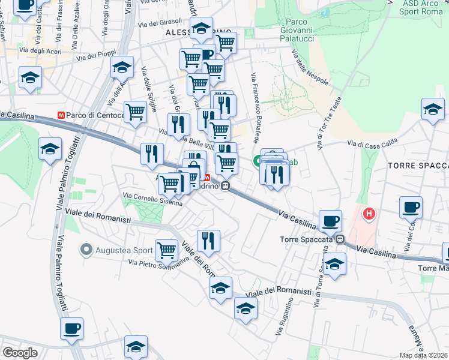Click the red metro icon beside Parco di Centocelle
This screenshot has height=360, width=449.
[x=60, y=115]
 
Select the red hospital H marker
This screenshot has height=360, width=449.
[x=369, y=212]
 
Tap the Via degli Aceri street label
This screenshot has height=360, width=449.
[x=41, y=51]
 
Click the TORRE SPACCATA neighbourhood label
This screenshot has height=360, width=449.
[x=418, y=165]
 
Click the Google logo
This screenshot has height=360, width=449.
[x=20, y=352]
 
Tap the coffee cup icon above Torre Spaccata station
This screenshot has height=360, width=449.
[x=330, y=220]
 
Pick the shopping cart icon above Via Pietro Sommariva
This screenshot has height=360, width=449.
[x=166, y=249]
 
